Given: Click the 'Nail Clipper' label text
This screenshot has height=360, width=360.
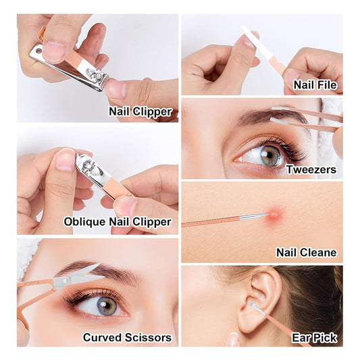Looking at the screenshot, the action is coord(140,112).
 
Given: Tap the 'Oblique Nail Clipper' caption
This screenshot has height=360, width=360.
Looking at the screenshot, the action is coord(118,222).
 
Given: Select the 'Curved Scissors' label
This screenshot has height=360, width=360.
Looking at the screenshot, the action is coord(127,338).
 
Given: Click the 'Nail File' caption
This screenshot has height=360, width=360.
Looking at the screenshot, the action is coord(315,84).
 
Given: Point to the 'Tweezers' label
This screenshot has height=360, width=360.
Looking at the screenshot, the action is coord(311,170).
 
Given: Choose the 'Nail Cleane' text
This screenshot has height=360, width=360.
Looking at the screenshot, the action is coord(306,253).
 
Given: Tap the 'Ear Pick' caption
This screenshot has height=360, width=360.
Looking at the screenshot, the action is coord(314,338).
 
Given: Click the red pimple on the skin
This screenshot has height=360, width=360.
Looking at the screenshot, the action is coord(274,215).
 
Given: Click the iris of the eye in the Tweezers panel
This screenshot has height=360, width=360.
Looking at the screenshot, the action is coord(270,155).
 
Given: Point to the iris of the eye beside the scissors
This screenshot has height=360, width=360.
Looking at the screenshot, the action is coord(107,306).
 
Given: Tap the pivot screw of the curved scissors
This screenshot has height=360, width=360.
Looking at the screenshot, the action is coord(66,280).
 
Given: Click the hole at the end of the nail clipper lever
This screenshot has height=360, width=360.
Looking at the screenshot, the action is coord(39,51).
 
